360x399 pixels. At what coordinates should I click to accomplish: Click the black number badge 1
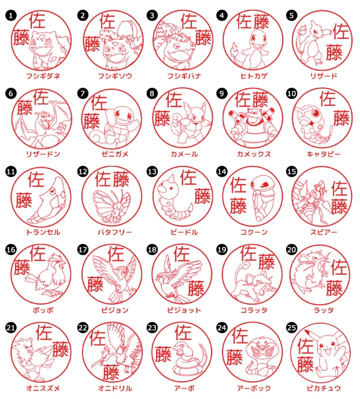(x=10, y=16)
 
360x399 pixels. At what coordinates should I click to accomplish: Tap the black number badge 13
(x=152, y=172)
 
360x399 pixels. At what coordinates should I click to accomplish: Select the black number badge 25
(x=291, y=328)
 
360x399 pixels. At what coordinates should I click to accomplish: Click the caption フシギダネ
(x=43, y=76)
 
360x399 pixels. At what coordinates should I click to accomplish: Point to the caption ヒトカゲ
(x=254, y=76)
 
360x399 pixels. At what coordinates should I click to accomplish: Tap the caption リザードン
(x=43, y=154)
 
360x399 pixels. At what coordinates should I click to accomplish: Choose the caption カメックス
(x=254, y=154)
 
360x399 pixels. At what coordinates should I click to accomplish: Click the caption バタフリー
(x=115, y=232)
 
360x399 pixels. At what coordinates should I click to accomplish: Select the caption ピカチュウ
(x=324, y=388)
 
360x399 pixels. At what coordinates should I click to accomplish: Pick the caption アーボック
(x=254, y=388)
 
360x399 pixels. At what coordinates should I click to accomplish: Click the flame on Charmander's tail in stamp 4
(x=234, y=49)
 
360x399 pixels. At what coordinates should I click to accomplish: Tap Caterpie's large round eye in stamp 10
(x=316, y=113)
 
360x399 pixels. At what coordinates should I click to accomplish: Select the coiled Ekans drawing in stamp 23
(x=185, y=359)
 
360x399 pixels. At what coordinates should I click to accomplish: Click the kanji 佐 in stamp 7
(x=99, y=102)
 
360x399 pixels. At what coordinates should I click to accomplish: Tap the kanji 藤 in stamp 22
(x=111, y=372)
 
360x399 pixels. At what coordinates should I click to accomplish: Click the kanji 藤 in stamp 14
(x=238, y=206)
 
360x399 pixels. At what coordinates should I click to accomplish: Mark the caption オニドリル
(x=115, y=388)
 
